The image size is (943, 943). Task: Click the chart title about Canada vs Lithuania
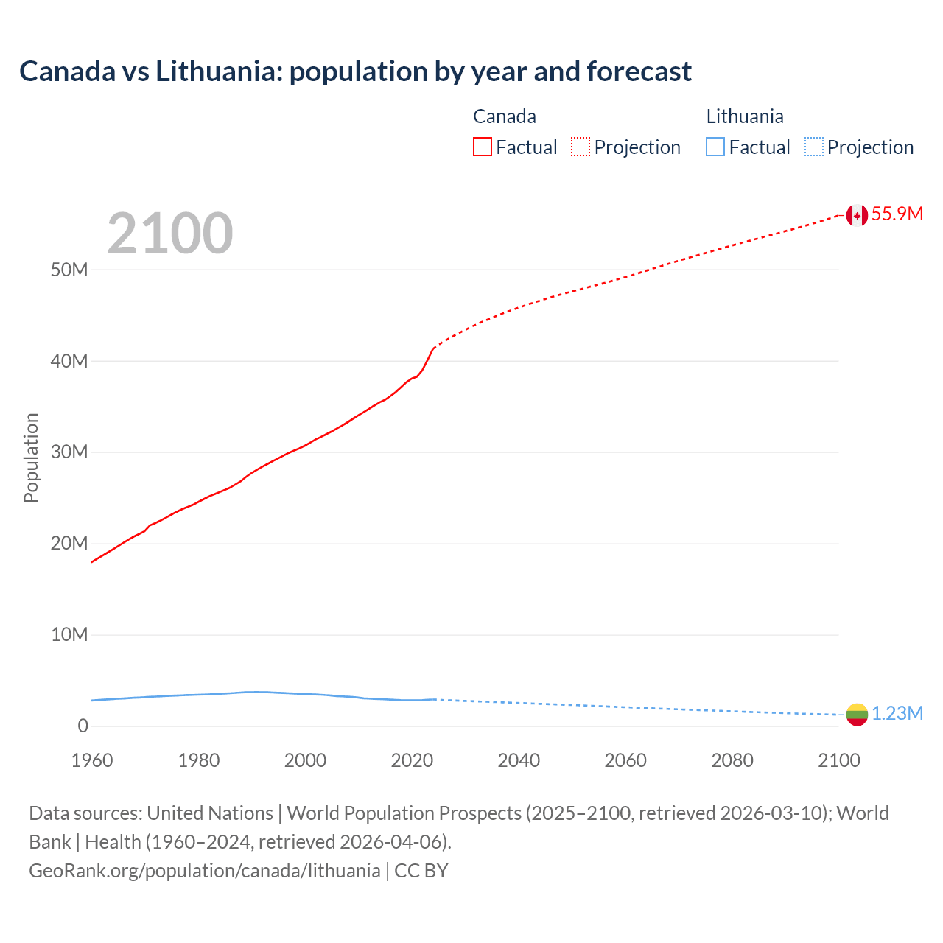[355, 71]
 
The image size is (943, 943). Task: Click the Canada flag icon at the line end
[857, 215]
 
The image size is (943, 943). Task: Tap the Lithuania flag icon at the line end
[857, 714]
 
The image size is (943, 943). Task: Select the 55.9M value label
[897, 214]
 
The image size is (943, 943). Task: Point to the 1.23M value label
[897, 714]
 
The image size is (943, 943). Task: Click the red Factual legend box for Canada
[483, 147]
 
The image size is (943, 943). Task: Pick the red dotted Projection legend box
[581, 147]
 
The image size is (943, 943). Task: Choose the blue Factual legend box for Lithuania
[715, 147]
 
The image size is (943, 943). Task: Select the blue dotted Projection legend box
[814, 147]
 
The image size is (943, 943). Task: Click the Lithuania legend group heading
[745, 116]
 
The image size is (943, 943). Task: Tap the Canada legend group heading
[505, 116]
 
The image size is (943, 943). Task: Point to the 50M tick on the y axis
[69, 270]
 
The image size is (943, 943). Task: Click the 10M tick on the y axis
[69, 634]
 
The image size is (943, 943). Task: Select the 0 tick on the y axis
[83, 726]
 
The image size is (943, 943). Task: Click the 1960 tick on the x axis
[92, 760]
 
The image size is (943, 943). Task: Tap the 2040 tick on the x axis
[519, 760]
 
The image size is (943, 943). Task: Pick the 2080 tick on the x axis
[732, 760]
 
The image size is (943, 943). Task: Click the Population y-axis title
[31, 458]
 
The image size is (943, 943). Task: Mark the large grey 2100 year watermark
[170, 234]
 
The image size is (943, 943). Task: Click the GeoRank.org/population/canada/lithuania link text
[205, 871]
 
